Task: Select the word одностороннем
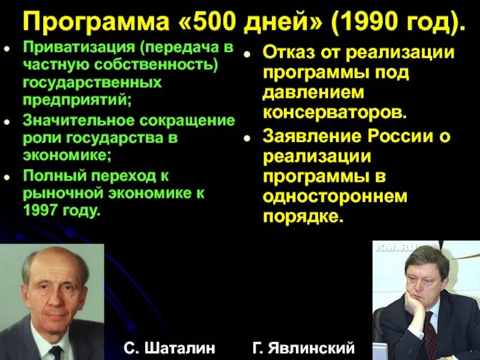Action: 335,196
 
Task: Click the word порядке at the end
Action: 303,217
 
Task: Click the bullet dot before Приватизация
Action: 8,47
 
